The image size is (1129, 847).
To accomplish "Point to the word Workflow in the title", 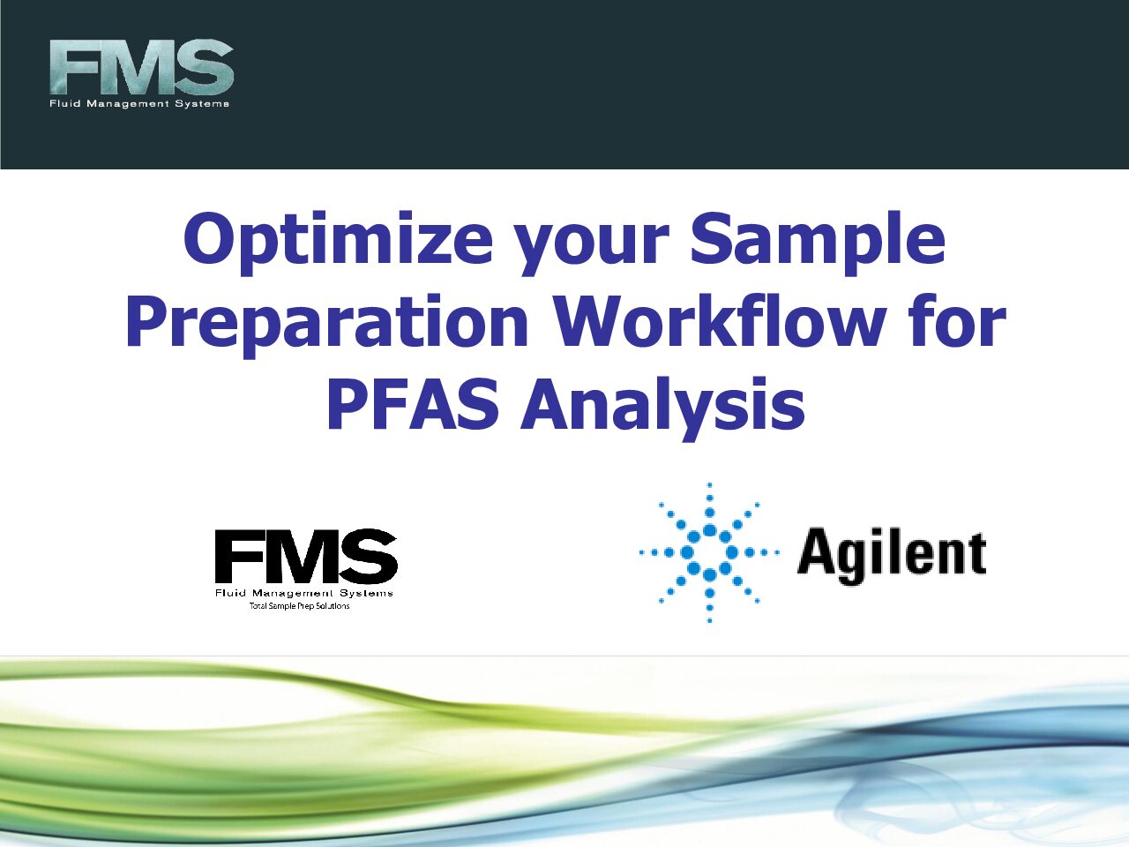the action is (x=719, y=320).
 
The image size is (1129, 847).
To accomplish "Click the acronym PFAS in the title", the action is (x=413, y=404).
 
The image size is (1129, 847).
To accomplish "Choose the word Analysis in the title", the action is (x=662, y=409).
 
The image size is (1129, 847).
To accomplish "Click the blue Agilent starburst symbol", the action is (x=709, y=553).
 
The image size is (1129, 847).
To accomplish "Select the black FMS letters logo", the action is (x=306, y=556).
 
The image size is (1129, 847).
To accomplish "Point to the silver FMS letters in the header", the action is (x=141, y=67).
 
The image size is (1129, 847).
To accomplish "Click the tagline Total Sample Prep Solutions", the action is (x=299, y=606).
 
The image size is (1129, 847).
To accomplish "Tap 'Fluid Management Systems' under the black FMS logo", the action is (x=304, y=594).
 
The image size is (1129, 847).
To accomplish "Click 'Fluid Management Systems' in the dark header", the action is (x=138, y=104).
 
